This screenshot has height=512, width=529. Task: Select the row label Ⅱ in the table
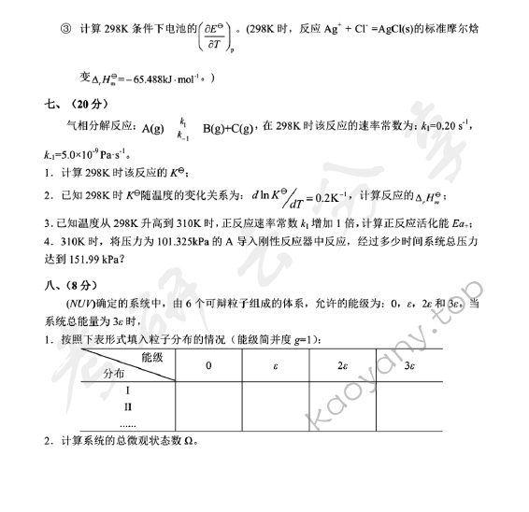(128, 407)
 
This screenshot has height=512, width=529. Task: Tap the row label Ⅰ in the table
(128, 391)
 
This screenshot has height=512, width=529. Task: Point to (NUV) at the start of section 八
(80, 304)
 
